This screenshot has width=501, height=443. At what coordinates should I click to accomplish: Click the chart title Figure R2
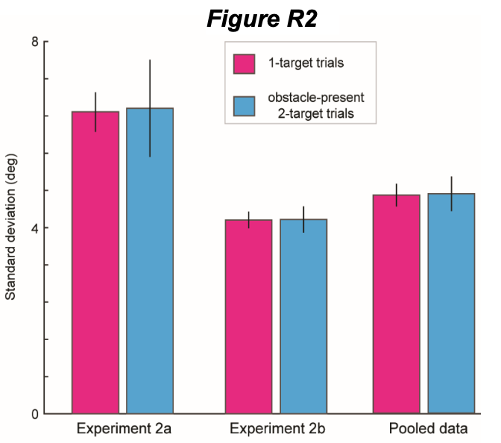(262, 19)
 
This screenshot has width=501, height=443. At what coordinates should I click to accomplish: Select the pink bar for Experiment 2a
(95, 261)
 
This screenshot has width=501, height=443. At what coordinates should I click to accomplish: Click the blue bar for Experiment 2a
(150, 261)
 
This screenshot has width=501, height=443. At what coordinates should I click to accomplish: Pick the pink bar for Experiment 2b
(249, 316)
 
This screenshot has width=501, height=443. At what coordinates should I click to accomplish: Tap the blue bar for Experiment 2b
(303, 316)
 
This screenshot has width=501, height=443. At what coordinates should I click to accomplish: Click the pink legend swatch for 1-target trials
(245, 63)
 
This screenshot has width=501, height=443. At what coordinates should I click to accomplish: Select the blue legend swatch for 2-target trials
(245, 105)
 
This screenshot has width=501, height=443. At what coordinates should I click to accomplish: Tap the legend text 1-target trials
(306, 63)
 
